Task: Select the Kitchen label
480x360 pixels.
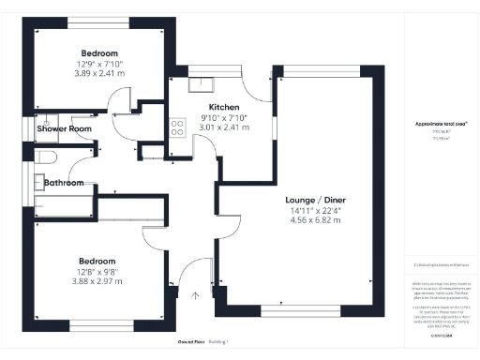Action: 226,107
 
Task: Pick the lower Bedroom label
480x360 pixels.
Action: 97,261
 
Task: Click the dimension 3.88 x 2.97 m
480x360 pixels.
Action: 97,280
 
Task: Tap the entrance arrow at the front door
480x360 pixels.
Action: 195,298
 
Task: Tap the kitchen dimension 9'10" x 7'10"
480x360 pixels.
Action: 226,117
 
